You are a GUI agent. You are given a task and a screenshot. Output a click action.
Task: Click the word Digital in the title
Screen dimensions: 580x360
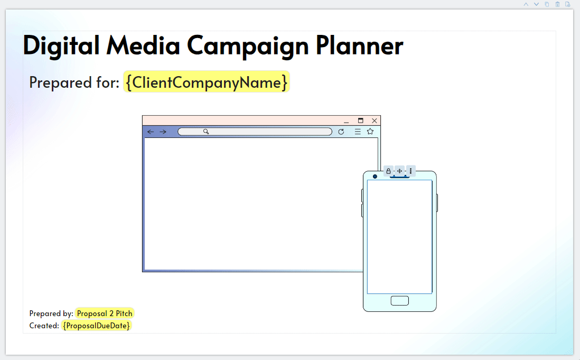[61, 46]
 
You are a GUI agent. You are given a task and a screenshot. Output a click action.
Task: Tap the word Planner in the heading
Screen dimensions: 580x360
[359, 45]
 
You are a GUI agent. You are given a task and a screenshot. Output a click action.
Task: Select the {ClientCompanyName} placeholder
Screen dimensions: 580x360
[207, 82]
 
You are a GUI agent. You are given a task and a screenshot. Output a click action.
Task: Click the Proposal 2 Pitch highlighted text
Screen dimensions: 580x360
[105, 313]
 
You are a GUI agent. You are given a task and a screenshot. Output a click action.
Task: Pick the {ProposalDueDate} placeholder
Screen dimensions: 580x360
[97, 326]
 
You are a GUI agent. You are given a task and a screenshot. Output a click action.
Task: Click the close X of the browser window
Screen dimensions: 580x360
[375, 121]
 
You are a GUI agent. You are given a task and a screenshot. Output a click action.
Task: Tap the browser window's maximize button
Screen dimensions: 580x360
[361, 121]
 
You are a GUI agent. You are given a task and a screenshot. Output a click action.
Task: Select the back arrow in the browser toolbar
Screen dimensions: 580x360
[151, 132]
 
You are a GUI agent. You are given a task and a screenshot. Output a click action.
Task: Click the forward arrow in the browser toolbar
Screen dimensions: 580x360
[163, 132]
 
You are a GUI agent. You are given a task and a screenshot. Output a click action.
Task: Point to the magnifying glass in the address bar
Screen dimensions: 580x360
[206, 131]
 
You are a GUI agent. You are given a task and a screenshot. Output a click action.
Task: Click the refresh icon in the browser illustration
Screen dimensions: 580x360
[341, 131]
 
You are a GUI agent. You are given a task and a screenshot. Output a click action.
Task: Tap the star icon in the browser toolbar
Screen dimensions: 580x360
[370, 131]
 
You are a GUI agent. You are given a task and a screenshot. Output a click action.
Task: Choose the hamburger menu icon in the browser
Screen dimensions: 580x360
[358, 131]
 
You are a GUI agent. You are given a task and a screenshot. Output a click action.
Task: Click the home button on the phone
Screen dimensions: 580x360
[400, 301]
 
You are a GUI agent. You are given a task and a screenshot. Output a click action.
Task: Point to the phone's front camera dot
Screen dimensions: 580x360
[375, 177]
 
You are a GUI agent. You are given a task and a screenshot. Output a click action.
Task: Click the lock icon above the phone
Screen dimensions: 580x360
[388, 171]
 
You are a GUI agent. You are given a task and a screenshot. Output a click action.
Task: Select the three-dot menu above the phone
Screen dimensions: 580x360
[410, 171]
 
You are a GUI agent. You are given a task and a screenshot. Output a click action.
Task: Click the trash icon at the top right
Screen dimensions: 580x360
[557, 4]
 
